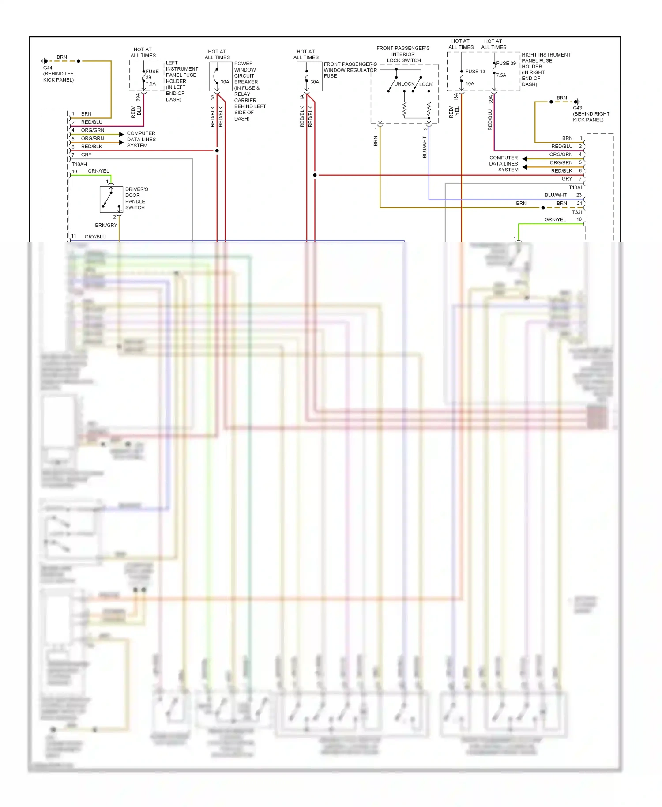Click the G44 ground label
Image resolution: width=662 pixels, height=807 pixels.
[x=48, y=68]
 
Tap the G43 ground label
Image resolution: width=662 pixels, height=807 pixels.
[x=577, y=108]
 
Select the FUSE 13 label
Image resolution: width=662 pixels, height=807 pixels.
[x=475, y=72]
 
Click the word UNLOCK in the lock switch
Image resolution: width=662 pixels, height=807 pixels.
[x=404, y=84]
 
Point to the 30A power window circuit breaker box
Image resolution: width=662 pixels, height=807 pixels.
[x=221, y=76]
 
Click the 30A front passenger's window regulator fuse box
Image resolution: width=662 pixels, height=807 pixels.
[x=309, y=76]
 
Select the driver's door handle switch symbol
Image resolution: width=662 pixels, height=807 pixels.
[x=111, y=200]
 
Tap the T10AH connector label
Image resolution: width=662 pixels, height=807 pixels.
[x=79, y=164]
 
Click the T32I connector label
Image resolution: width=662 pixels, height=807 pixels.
[x=577, y=212]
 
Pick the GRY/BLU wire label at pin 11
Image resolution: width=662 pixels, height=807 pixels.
[x=95, y=237]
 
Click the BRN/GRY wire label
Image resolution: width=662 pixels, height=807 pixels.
[x=106, y=225]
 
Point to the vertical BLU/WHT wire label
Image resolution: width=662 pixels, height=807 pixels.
[x=425, y=147]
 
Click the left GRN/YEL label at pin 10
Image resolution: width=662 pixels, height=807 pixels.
[x=98, y=171]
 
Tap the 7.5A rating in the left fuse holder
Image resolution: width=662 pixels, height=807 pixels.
[x=151, y=83]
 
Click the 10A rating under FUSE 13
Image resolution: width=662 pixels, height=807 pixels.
[x=470, y=83]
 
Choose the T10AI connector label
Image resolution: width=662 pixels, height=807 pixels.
[x=575, y=188]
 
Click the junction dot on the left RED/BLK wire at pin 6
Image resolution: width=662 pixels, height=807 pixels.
[x=217, y=151]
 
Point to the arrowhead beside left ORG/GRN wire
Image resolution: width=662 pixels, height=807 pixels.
[x=121, y=134]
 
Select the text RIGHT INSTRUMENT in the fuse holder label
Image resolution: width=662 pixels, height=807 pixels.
[x=546, y=55]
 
